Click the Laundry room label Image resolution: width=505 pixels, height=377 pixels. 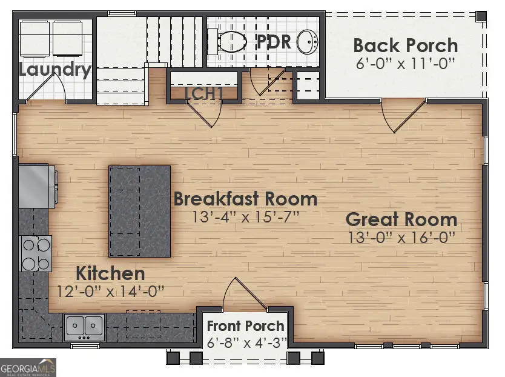(54, 69)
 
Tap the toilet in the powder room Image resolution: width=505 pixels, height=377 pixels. (229, 41)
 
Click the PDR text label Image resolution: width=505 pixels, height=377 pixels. (274, 42)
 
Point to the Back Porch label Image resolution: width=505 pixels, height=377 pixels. (405, 45)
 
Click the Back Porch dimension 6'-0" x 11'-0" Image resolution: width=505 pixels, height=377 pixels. (405, 62)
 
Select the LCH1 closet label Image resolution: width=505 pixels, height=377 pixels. (204, 94)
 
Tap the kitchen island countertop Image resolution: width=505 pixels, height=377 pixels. (139, 211)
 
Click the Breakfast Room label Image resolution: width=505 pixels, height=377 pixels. (245, 199)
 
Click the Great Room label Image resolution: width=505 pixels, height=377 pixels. (401, 219)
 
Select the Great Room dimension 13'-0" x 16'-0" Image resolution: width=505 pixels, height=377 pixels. (401, 238)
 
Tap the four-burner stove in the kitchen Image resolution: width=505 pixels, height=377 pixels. (36, 253)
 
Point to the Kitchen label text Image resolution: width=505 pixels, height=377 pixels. (110, 273)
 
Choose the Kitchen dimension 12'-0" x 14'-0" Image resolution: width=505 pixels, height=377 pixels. (110, 291)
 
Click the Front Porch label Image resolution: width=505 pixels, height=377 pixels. (245, 327)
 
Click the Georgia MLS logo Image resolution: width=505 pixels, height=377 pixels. (28, 367)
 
